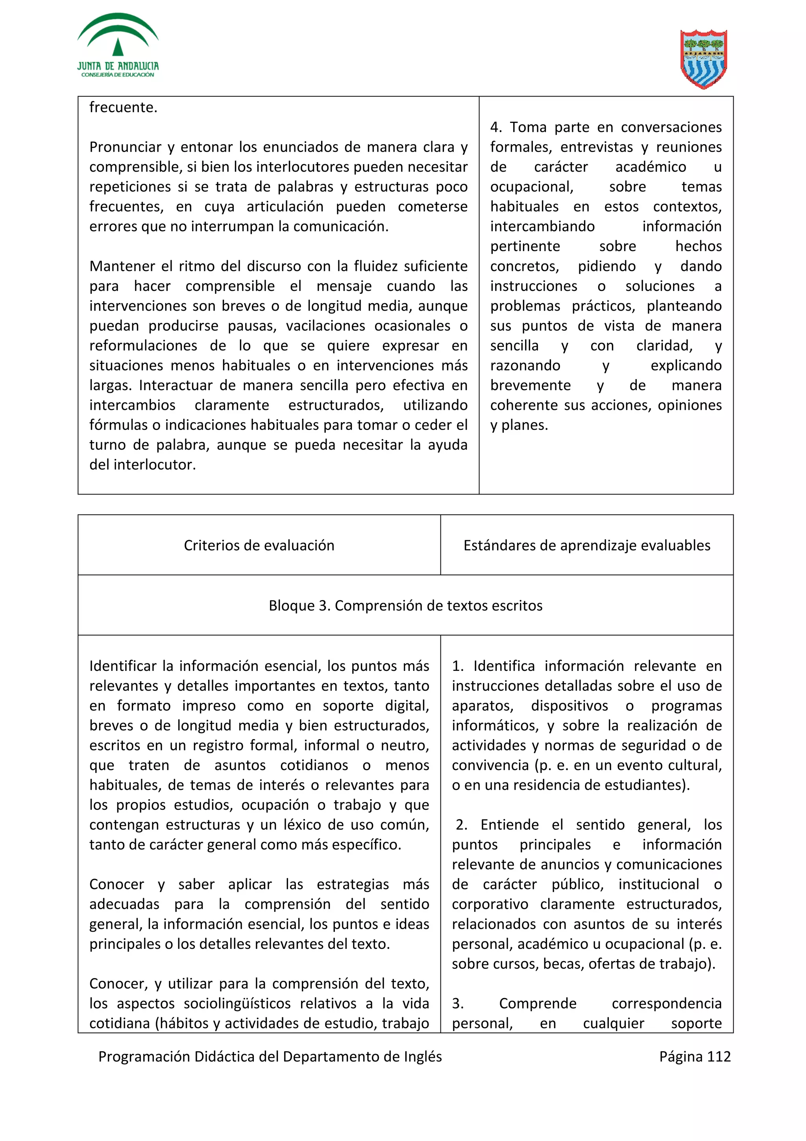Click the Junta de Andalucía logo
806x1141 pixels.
[118, 46]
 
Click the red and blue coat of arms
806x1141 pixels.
[703, 59]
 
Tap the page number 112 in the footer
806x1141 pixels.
[718, 1056]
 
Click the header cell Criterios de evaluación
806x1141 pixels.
[259, 545]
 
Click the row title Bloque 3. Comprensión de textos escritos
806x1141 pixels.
[405, 605]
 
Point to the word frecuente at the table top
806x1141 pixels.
[123, 107]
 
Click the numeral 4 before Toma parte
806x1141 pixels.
[495, 127]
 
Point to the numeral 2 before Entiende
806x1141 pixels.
[460, 825]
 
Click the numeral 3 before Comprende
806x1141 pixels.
[457, 1003]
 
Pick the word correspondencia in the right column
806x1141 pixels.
[666, 1003]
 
